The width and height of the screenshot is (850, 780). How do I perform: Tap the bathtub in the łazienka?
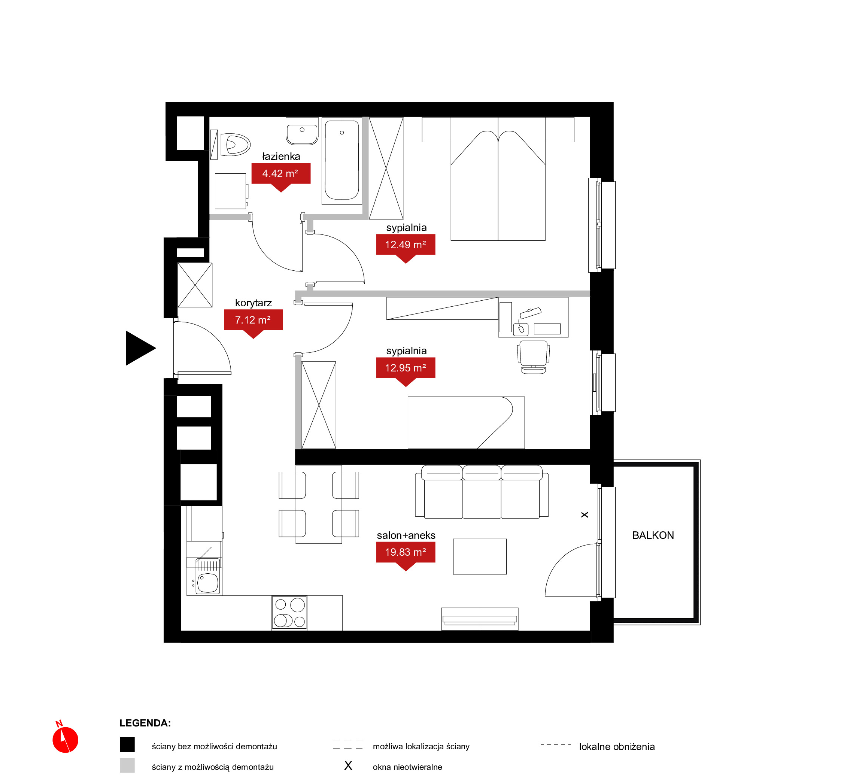342,160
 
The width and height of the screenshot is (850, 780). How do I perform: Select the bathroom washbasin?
302,131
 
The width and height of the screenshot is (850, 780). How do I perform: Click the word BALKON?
653,535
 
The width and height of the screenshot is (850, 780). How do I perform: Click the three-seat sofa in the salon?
482,492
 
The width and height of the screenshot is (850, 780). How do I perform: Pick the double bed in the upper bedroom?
498,179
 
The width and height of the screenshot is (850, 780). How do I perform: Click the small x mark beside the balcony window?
585,515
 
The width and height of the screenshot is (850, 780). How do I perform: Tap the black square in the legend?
127,744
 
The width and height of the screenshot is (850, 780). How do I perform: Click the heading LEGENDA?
145,723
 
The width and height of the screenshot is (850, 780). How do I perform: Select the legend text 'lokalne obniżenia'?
617,747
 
